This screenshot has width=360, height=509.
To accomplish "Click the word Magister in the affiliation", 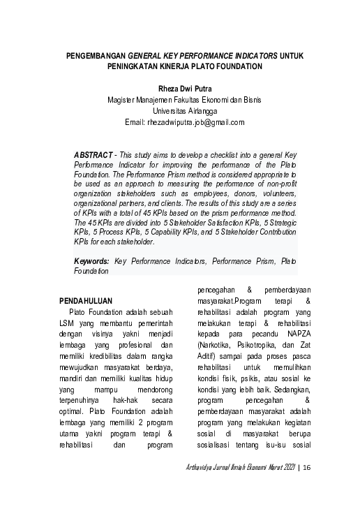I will point(123,100).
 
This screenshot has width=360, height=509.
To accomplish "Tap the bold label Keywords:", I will point(92,260).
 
